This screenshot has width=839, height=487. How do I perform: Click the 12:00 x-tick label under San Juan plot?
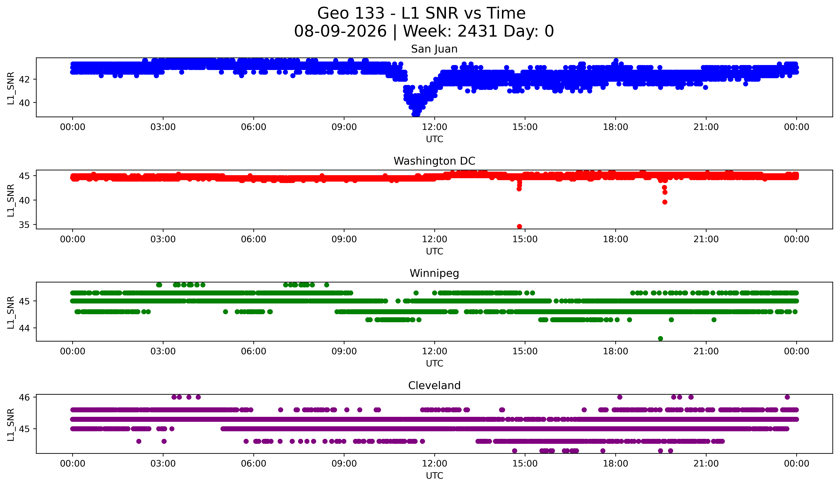[x=435, y=127]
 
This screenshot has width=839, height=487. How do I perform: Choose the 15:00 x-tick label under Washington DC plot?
[x=525, y=239]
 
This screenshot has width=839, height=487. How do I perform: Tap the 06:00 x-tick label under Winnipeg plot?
[x=254, y=351]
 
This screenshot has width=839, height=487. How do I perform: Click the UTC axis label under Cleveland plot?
[x=435, y=476]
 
